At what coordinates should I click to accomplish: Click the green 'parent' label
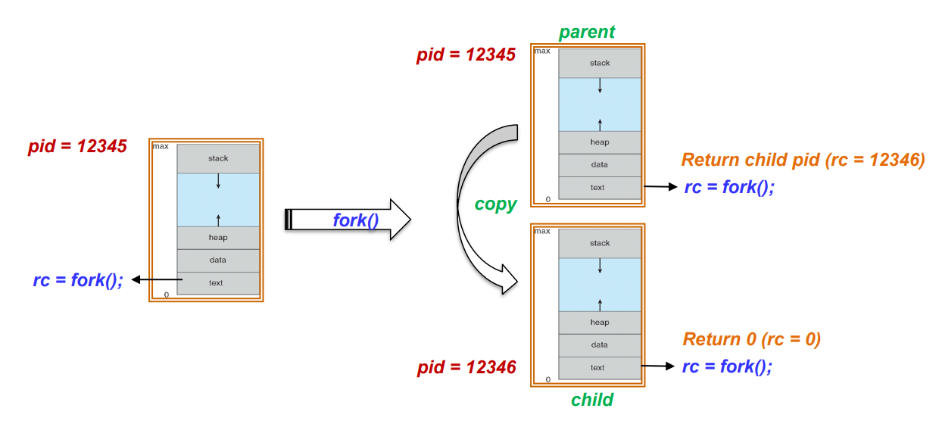click(587, 33)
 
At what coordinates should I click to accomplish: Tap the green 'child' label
click(592, 400)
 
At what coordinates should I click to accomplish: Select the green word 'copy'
click(496, 204)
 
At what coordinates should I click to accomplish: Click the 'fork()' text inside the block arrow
click(356, 220)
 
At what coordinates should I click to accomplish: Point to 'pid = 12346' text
click(466, 368)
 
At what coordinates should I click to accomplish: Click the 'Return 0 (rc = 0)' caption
click(751, 338)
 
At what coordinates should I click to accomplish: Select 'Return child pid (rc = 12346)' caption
click(803, 160)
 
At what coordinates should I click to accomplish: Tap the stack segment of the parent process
click(600, 64)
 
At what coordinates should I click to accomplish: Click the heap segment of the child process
click(600, 323)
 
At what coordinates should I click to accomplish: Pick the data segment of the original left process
click(218, 260)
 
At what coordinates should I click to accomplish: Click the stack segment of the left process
click(218, 159)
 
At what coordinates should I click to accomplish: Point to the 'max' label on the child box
click(542, 231)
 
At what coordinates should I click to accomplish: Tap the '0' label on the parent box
click(547, 200)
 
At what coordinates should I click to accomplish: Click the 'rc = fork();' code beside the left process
click(78, 279)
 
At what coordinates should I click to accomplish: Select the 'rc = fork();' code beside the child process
click(727, 366)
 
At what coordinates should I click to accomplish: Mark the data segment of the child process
click(600, 345)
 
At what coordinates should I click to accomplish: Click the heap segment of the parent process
click(600, 142)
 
